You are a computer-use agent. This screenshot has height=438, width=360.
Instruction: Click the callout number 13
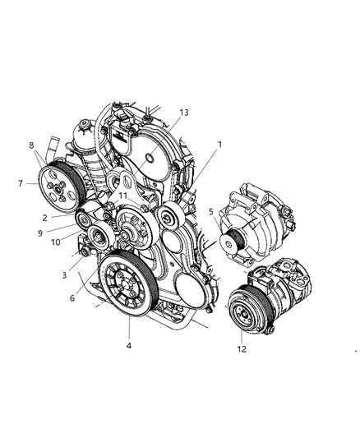tap(183, 112)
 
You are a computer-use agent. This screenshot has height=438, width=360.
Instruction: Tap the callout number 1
tap(219, 144)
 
